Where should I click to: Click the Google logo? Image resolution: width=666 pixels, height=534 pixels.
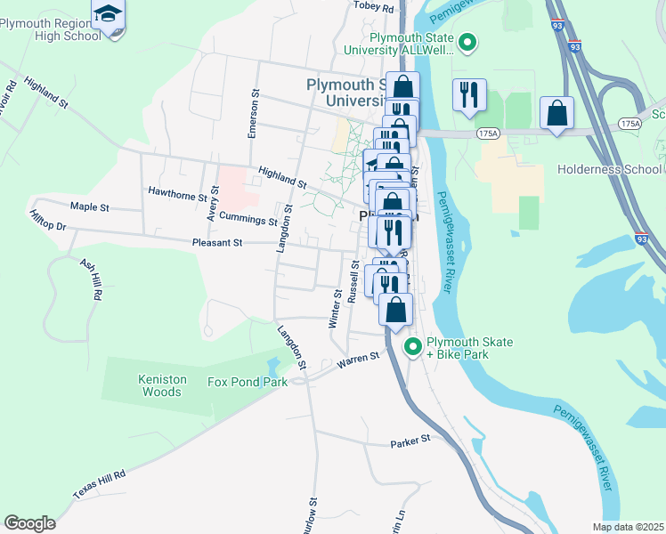[x=29, y=523]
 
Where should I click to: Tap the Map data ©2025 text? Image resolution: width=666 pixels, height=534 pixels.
[x=628, y=527]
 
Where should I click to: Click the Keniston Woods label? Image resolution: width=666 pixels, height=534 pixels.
[x=162, y=384]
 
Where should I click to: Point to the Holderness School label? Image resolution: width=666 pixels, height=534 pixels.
[x=609, y=169]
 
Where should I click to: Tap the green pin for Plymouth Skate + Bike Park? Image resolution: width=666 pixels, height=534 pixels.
[x=412, y=347]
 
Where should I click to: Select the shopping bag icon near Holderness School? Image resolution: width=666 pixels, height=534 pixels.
[x=556, y=112]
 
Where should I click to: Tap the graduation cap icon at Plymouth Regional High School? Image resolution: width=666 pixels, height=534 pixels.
[x=108, y=14]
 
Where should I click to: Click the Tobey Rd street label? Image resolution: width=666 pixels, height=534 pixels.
[x=373, y=6]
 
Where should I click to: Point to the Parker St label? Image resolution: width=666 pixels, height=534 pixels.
[x=410, y=440]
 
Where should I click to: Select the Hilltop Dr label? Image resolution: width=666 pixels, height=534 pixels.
[x=48, y=221]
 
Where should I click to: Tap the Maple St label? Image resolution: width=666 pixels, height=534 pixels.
[x=89, y=206]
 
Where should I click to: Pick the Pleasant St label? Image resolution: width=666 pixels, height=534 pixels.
[x=217, y=242]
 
